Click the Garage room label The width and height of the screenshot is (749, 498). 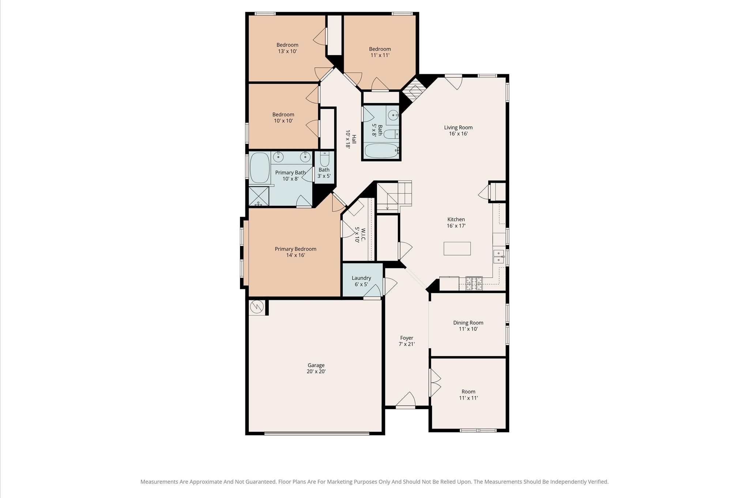pos(316,365)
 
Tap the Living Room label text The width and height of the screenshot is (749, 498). pos(458,128)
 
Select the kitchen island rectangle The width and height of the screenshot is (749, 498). pos(457,249)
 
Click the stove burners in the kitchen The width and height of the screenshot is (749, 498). pos(474,284)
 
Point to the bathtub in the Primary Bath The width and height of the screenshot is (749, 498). pos(260,168)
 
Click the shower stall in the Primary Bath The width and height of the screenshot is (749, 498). pos(259,196)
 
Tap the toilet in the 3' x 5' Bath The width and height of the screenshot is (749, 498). pos(324,158)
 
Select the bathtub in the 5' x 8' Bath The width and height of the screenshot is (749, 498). pos(381,151)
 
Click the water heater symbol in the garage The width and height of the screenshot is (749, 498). pos(257,307)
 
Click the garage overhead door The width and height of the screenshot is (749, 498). pos(317,434)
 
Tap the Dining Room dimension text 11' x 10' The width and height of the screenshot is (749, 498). pos(468,329)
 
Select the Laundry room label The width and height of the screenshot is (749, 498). pos(361,278)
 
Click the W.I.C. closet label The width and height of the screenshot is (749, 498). pos(363,235)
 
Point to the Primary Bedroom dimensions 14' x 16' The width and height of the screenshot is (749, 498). pos(296,255)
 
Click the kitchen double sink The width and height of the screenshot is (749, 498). pos(498,256)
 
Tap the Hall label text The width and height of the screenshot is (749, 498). pos(354,139)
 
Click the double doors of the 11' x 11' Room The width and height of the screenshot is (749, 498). pos(435,383)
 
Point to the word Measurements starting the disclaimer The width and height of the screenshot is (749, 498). pos(159,482)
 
